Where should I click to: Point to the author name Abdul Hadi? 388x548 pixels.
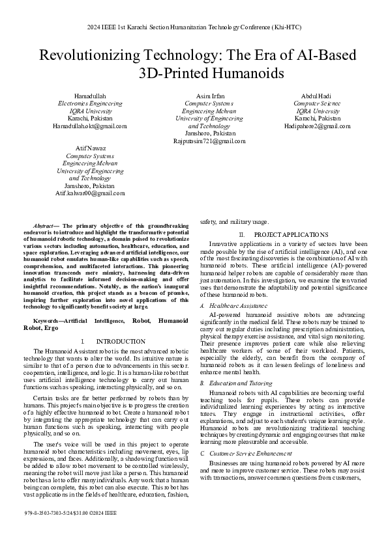tap(317, 96)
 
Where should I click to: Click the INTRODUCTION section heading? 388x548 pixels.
tap(120, 341)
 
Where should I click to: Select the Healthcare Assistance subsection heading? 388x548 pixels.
tap(237, 305)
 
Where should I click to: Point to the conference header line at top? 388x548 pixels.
tap(194, 28)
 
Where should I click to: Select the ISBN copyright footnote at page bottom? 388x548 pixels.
tap(70, 531)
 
